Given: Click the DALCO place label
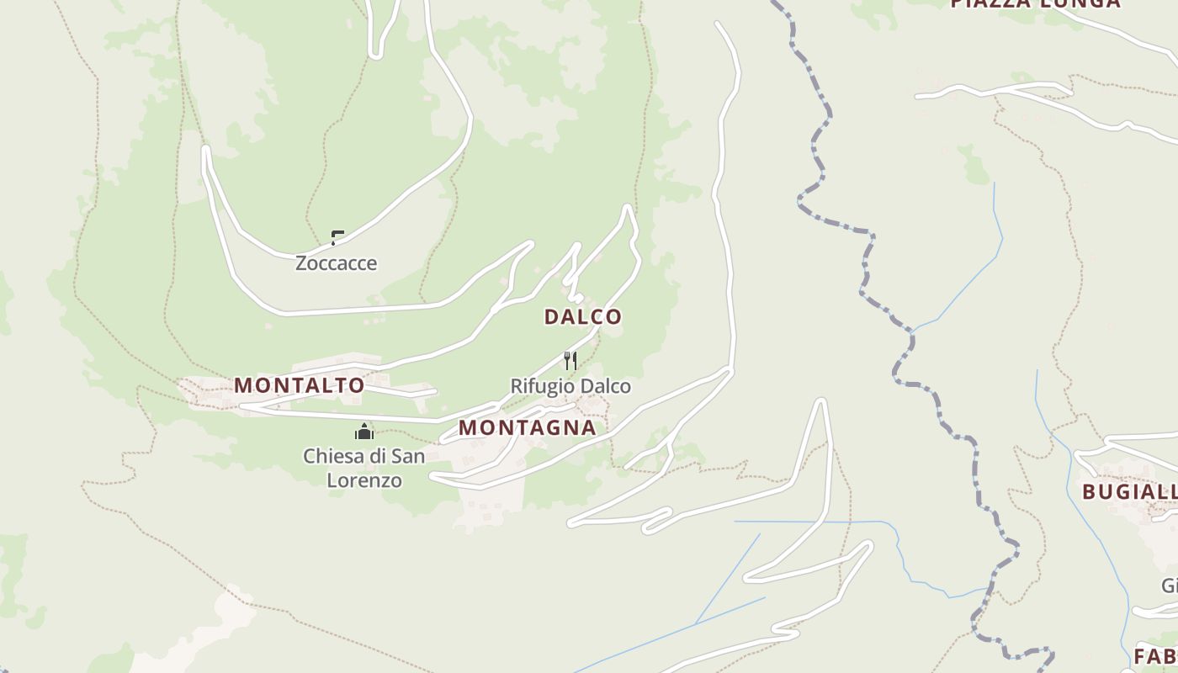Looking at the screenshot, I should coord(582,317).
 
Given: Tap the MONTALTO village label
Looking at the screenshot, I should coord(299,385).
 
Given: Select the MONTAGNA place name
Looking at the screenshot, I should coord(527,427).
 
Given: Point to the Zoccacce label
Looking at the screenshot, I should coord(336,263).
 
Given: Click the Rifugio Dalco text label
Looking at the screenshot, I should coord(570,386).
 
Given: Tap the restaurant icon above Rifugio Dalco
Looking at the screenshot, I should coord(570,361).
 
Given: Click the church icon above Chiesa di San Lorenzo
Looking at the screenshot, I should coord(364,432).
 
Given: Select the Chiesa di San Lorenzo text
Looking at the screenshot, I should coord(364,468).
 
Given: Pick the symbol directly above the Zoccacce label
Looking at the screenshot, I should coord(337,237).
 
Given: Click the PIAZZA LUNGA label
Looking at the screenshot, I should coord(1035,3).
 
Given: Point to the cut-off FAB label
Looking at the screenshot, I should coord(1154,656).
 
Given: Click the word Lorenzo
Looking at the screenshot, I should coord(364,480).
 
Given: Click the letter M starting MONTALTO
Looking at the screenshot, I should coord(242,385).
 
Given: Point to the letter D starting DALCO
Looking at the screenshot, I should coord(551,317).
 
